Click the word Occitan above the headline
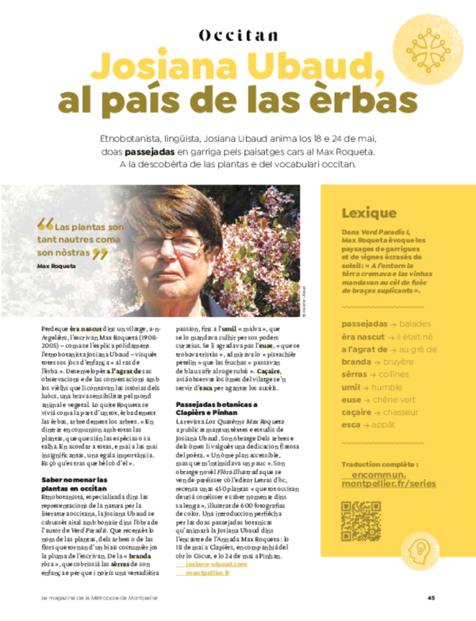click(238, 34)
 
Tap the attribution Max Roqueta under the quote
click(56, 266)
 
